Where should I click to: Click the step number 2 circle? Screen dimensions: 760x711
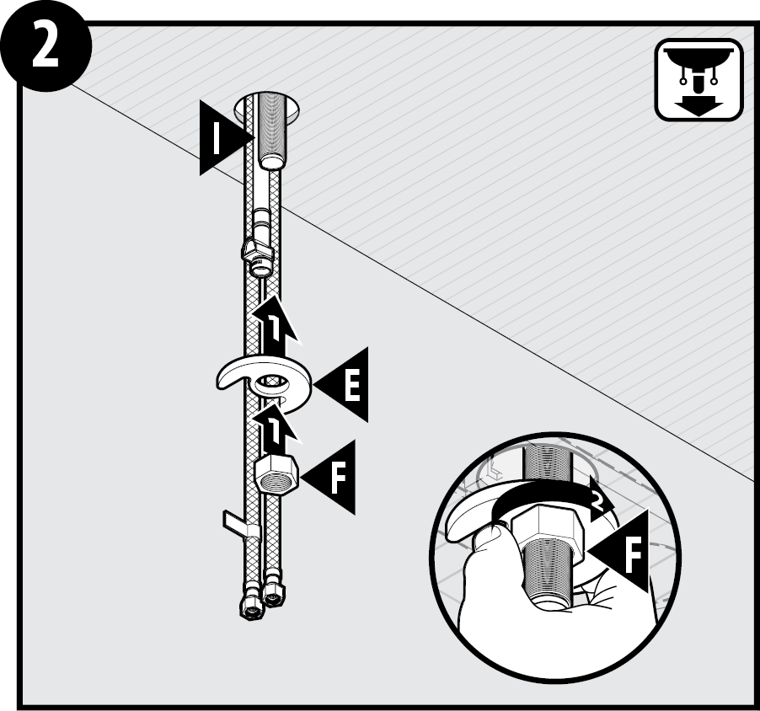tap(45, 45)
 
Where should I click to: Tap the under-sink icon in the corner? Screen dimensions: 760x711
tap(698, 80)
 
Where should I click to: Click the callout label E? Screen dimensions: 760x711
tap(341, 385)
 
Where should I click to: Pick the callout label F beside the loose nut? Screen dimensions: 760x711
tap(328, 478)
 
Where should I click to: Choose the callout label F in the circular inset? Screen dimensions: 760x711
tap(619, 551)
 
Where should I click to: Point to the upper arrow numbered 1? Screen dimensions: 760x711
tap(275, 324)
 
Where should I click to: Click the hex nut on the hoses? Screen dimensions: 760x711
tap(276, 473)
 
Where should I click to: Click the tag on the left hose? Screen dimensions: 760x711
tap(237, 522)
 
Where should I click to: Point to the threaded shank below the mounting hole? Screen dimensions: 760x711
tap(272, 131)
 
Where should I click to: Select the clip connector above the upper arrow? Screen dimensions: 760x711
tap(257, 254)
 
